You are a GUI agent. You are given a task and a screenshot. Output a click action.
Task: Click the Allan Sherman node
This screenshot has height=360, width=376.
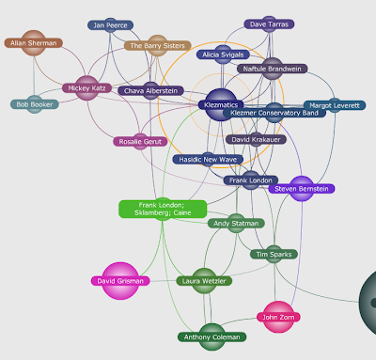pos(34,43)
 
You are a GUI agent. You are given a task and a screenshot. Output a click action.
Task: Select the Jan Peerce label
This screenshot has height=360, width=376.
pos(110,25)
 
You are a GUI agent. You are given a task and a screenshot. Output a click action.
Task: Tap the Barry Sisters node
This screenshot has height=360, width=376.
pos(157,46)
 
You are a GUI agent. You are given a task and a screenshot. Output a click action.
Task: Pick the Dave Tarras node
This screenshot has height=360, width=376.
pos(269,24)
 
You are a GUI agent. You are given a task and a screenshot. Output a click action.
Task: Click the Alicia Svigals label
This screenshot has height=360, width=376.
pos(223,55)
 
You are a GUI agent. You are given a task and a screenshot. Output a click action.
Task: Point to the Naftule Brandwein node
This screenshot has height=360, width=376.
pos(273,69)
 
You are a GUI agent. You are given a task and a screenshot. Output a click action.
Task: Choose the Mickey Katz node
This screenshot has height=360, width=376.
pos(86,88)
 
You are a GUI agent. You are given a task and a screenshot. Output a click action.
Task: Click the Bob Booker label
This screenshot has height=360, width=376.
pos(35,104)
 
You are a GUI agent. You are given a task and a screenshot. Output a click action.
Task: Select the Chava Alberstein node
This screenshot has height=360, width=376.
pos(150,91)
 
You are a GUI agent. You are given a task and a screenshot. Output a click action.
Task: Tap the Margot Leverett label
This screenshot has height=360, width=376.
pos(335,105)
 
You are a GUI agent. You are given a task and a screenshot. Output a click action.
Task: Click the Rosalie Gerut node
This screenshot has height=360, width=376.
pos(140,142)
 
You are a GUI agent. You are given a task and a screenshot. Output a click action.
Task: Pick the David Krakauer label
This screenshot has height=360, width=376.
pos(256,139)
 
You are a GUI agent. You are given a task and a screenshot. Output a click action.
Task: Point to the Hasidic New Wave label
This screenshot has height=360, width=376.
pos(208,160)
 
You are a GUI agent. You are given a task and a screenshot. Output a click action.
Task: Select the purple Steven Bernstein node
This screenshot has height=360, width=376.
pos(302,189)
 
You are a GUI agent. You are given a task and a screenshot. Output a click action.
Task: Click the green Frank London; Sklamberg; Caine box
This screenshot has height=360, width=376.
pos(163,209)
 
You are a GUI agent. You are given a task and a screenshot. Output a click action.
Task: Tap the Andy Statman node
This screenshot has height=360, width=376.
pos(236,224)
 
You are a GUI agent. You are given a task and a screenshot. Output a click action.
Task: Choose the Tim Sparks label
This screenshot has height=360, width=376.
pos(274,254)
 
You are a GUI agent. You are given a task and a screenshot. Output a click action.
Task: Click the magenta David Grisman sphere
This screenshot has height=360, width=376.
pos(120,281)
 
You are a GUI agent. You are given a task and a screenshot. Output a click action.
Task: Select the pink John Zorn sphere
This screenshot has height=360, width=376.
pos(278,317)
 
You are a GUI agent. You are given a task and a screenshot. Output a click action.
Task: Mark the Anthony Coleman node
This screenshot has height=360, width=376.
pos(212,337)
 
